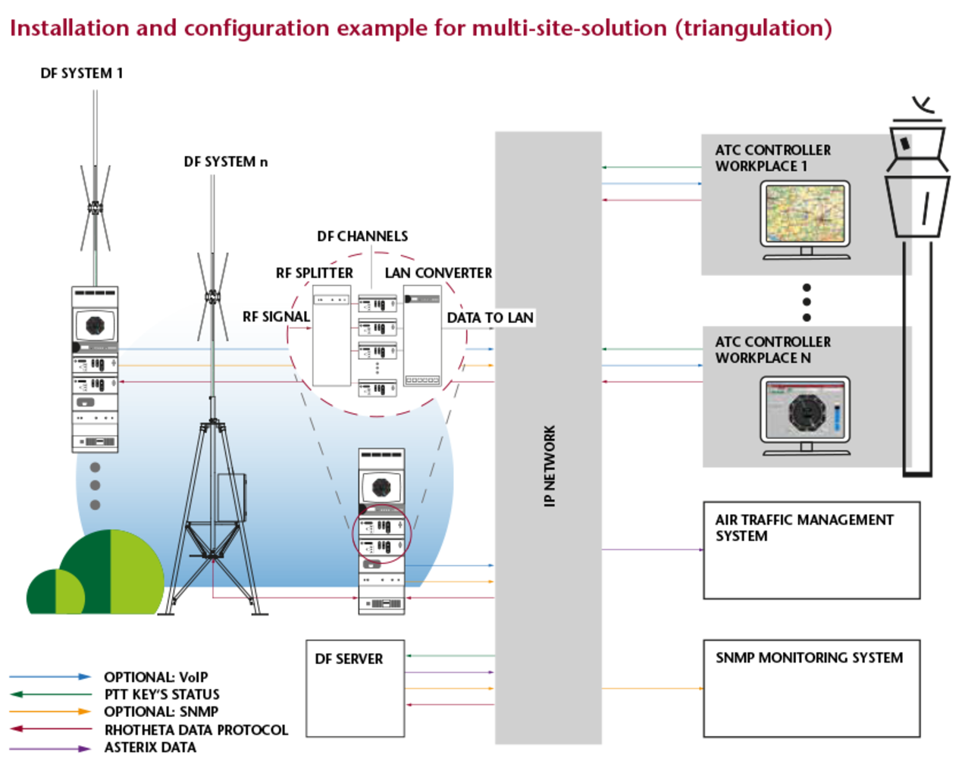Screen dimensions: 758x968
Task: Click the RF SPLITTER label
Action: point(314,273)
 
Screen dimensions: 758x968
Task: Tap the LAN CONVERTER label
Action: point(438,273)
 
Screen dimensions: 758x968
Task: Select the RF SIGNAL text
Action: point(276,317)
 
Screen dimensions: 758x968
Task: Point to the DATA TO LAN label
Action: point(490,318)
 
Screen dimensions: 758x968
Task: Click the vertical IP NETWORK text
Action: point(550,466)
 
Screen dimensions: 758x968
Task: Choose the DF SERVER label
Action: point(349,659)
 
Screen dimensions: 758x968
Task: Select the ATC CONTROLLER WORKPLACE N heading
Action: point(772,349)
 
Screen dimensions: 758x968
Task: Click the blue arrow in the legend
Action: point(50,676)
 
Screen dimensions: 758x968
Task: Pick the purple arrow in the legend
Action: point(50,748)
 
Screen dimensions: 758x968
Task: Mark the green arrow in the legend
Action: point(50,694)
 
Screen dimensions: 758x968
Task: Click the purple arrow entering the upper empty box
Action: point(653,549)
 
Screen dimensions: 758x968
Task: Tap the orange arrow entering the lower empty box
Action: point(653,688)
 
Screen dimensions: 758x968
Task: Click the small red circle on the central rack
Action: point(381,534)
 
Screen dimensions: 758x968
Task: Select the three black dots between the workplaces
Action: point(807,302)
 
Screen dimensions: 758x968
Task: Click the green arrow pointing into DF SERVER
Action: point(450,655)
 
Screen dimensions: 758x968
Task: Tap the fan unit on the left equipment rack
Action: point(95,324)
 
